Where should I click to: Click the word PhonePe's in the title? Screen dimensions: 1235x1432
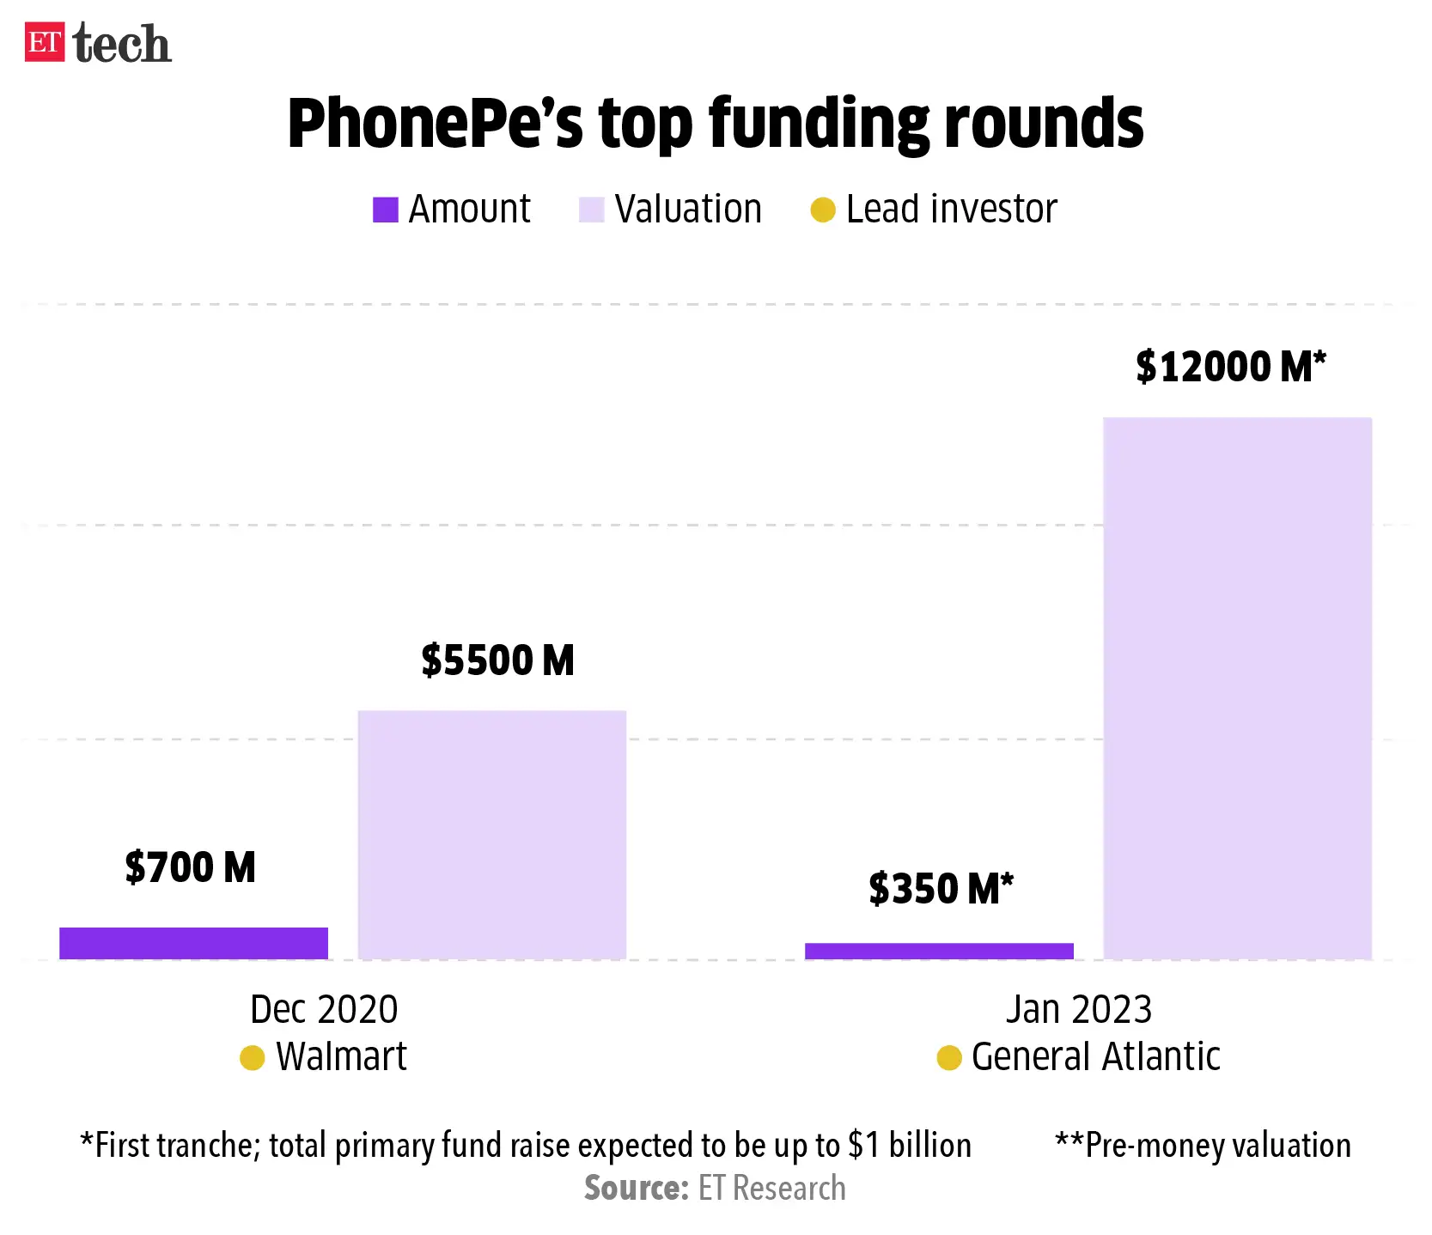[x=435, y=125]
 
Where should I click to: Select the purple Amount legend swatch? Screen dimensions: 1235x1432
[x=385, y=210]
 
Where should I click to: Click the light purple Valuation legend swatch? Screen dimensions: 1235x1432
[x=591, y=210]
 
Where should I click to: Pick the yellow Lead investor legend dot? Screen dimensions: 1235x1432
[x=822, y=210]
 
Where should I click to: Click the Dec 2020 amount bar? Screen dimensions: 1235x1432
[x=193, y=943]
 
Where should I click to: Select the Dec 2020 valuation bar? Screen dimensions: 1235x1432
[x=491, y=834]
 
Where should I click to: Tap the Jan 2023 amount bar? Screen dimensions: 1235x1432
[x=939, y=951]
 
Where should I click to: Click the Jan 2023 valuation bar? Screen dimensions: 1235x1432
[x=1237, y=687]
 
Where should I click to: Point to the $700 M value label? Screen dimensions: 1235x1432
[x=190, y=867]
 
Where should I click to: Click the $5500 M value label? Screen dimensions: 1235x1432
[x=497, y=660]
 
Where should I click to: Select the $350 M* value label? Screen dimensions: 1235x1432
[x=941, y=889]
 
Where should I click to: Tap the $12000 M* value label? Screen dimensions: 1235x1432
[x=1230, y=367]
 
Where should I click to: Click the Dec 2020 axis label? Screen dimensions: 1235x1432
[x=324, y=1009]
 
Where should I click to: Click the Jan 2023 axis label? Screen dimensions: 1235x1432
[x=1078, y=1009]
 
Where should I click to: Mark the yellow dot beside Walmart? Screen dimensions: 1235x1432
[x=252, y=1058]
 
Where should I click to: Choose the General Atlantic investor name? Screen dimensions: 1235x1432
[x=1095, y=1056]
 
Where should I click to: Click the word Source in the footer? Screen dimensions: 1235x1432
[x=636, y=1189]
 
